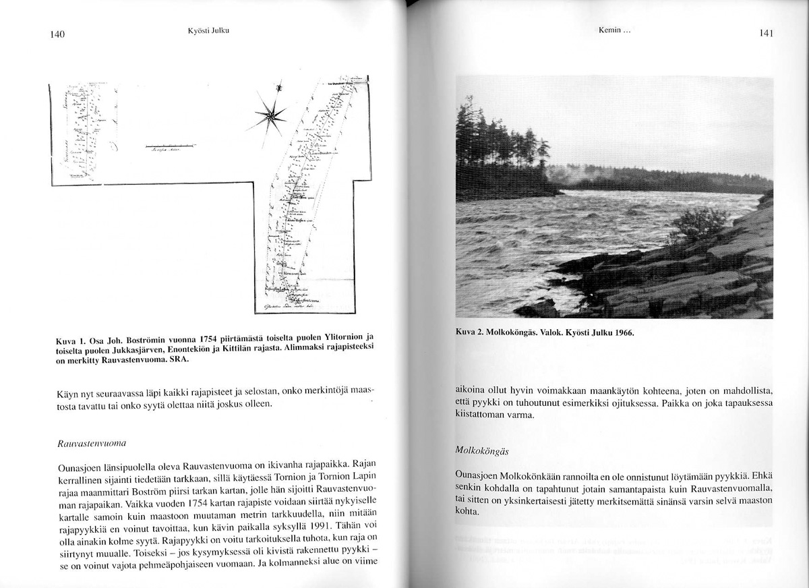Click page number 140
click(57, 35)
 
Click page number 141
click(765, 33)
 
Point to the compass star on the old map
click(271, 115)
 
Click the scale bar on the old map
click(170, 146)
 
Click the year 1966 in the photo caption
click(620, 333)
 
